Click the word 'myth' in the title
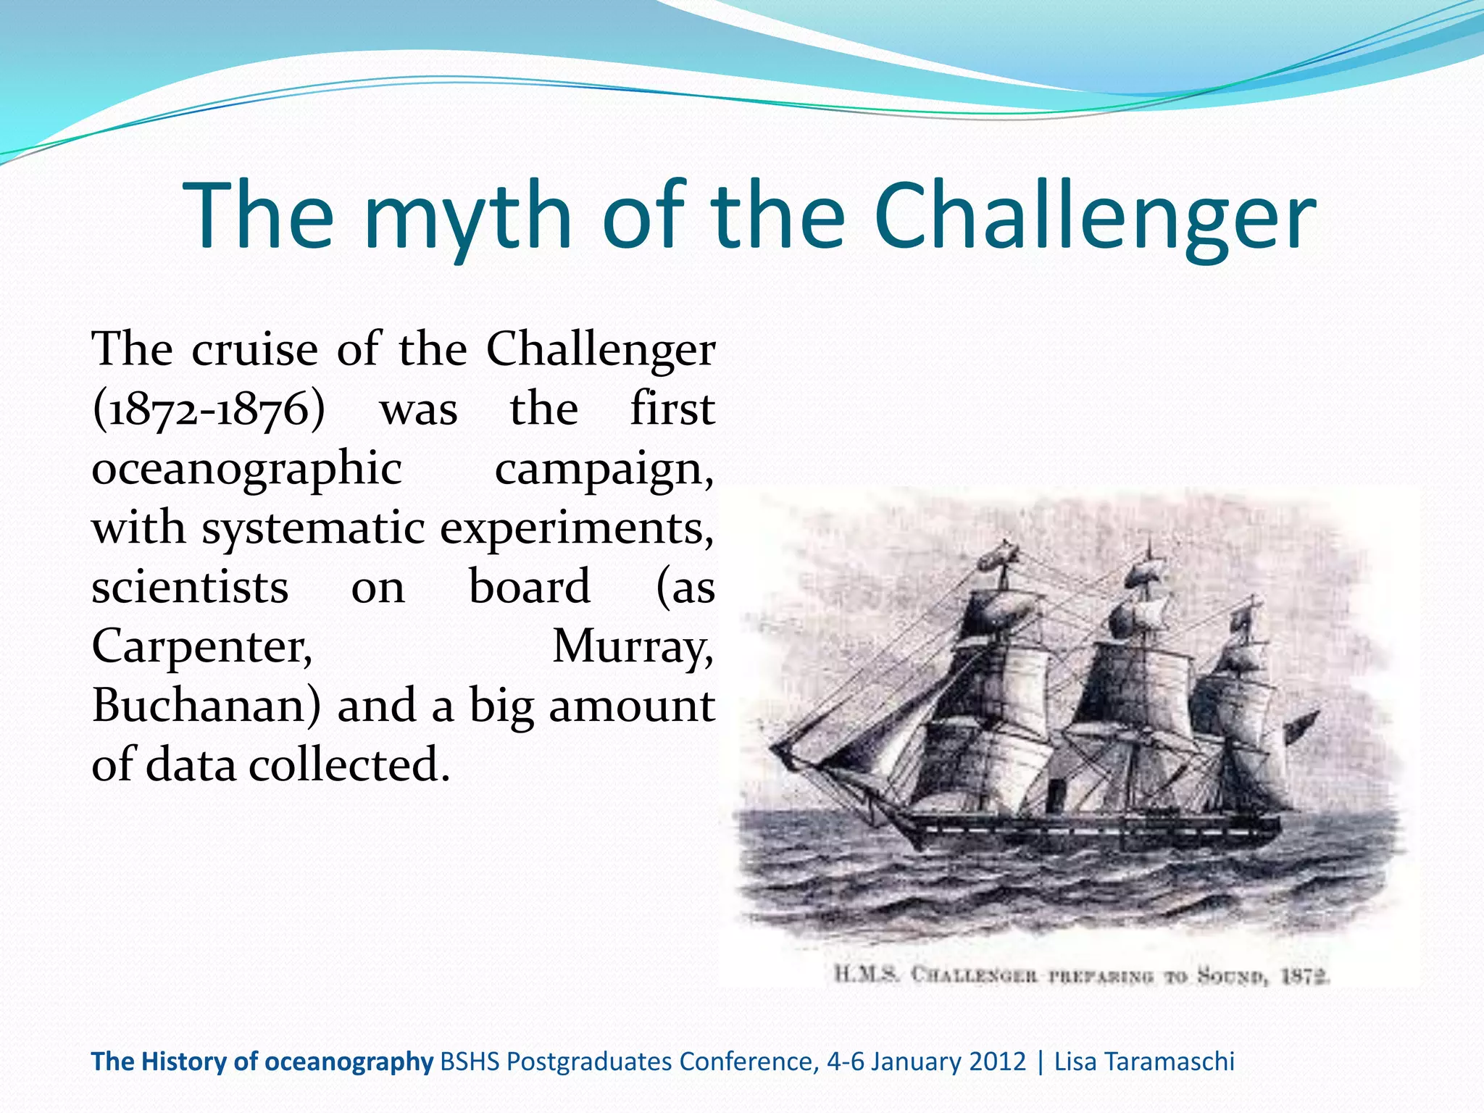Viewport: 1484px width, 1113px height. pos(467,215)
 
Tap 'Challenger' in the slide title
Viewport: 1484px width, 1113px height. pos(1094,215)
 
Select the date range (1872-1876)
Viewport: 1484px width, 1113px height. pos(209,409)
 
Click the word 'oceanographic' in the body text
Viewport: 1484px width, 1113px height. pos(246,470)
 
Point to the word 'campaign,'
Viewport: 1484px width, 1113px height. pos(604,470)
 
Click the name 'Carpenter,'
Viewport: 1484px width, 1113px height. pos(202,646)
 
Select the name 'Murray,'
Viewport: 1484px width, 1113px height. pos(633,646)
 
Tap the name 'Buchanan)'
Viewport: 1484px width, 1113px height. pos(206,706)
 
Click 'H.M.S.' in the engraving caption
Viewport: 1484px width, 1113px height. pos(867,974)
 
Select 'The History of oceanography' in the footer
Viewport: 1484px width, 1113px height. pos(262,1062)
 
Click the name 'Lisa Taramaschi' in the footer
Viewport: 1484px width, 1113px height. pos(1144,1062)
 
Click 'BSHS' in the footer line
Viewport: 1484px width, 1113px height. pos(470,1062)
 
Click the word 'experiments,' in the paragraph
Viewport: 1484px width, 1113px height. pos(577,529)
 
